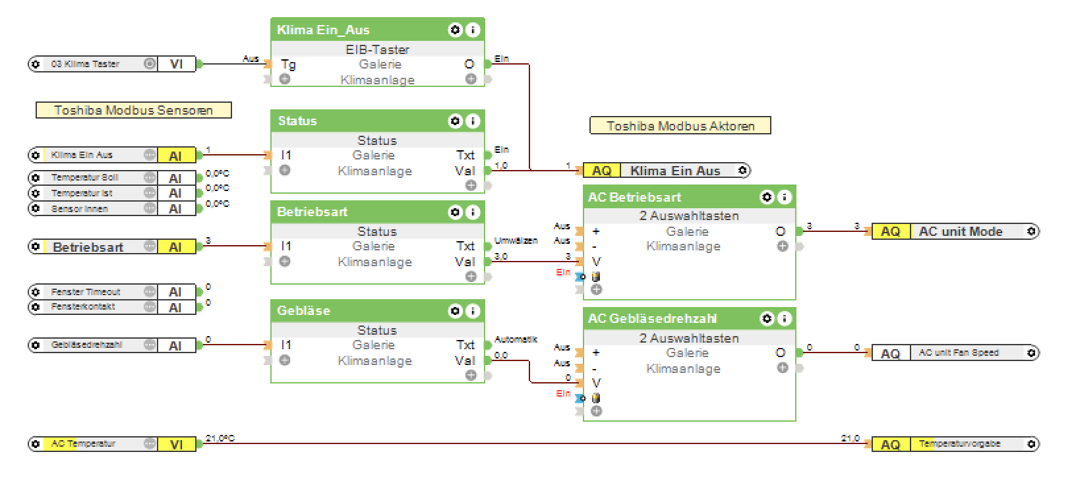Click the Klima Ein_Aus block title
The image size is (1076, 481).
tap(323, 30)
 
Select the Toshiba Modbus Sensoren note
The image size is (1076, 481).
tap(133, 110)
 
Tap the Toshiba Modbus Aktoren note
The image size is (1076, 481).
tap(680, 126)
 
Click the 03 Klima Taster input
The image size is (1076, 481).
tap(85, 64)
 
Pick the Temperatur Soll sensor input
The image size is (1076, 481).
tap(85, 177)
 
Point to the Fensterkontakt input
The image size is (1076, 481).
tap(83, 306)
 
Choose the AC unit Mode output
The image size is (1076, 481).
tap(960, 231)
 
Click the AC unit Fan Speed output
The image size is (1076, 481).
tap(959, 353)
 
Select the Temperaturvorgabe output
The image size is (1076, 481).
tap(959, 444)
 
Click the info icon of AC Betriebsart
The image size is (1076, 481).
tap(785, 197)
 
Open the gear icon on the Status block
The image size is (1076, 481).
tap(455, 121)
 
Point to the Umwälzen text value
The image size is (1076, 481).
tap(516, 240)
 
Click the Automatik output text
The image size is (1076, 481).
tap(516, 339)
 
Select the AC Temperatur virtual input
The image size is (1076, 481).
tap(83, 444)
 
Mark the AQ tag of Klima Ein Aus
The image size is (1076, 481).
tap(601, 171)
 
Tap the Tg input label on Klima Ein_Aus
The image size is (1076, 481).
tap(288, 64)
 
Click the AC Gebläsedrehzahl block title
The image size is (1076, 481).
tap(652, 319)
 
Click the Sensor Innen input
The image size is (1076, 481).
tap(80, 209)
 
